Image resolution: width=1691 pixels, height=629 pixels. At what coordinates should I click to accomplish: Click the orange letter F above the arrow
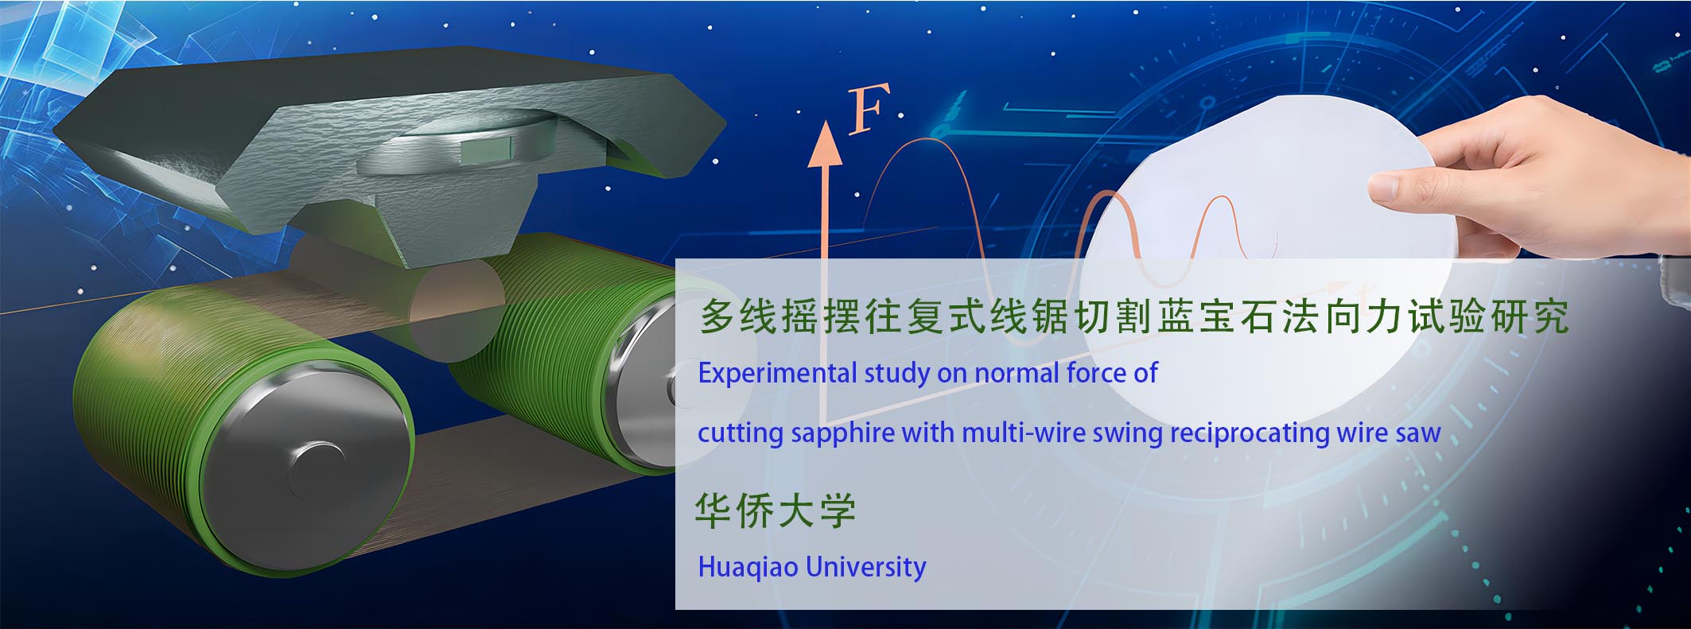[x=868, y=111]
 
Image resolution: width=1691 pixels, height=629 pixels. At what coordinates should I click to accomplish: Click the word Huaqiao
[x=748, y=567]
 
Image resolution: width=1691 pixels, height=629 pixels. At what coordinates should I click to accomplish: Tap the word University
[x=866, y=568]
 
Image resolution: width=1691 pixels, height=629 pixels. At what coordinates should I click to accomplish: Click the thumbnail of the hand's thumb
[x=1385, y=188]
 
